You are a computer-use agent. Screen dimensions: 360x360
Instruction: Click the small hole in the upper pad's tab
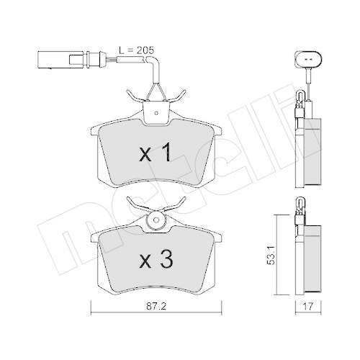(154, 111)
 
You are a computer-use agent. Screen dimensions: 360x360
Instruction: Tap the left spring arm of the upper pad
(133, 96)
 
